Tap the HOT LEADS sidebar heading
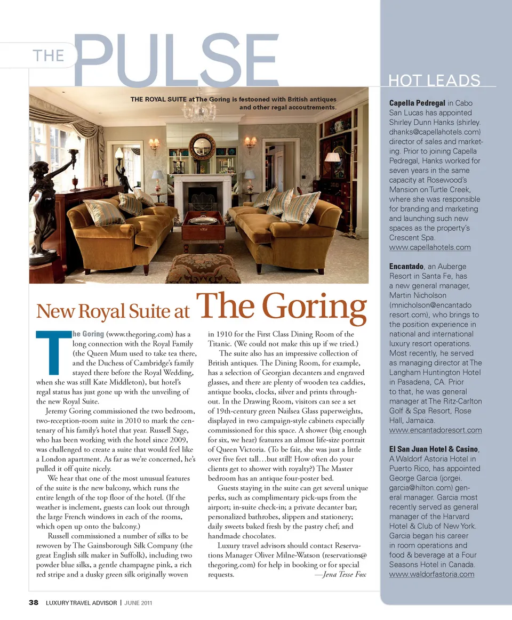(434, 80)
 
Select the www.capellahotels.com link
(430, 247)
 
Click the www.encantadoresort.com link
(435, 430)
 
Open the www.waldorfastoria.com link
(431, 574)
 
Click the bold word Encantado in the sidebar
(406, 266)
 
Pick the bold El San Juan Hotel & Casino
(433, 449)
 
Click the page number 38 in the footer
(34, 603)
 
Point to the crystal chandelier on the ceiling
(199, 109)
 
